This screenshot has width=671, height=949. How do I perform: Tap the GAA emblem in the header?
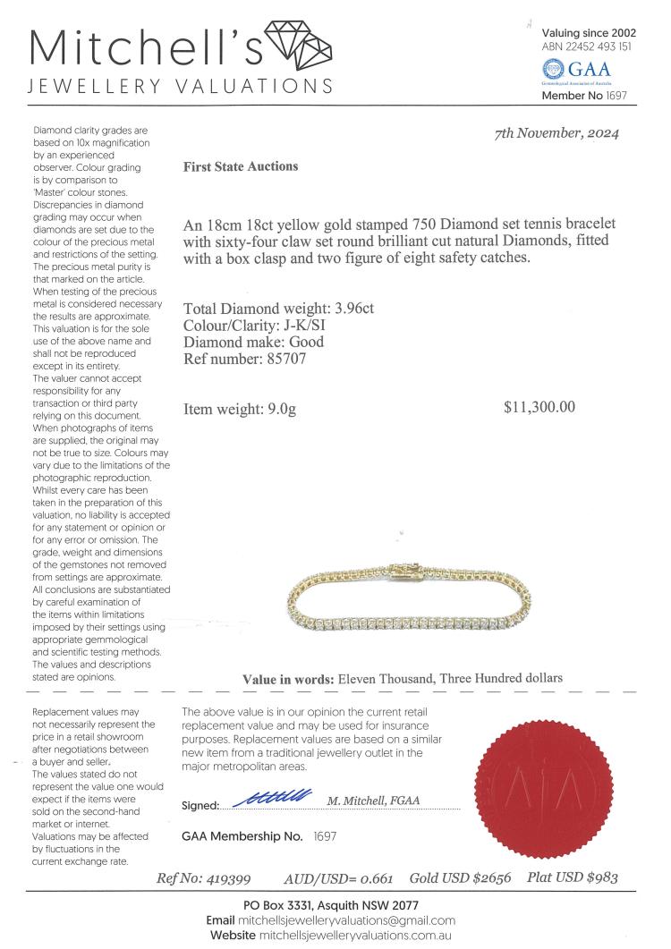555,69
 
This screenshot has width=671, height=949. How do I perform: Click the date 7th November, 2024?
557,134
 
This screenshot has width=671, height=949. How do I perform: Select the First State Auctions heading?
240,166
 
